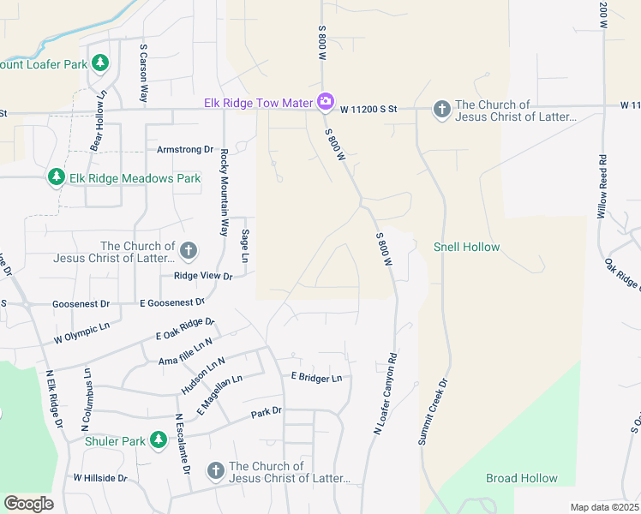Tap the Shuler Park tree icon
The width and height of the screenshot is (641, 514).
pos(158,440)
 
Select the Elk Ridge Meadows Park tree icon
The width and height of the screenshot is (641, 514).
pos(57,177)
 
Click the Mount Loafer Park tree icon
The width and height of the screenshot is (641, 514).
pos(100,63)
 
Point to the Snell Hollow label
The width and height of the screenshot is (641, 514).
pos(466,247)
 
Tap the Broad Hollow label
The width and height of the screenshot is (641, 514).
pos(522,478)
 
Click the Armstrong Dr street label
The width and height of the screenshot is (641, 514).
pos(184,149)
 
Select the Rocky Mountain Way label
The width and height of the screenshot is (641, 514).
pos(225,193)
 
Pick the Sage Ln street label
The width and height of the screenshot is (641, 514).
pos(244,246)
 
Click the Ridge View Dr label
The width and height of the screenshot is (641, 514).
pos(203,276)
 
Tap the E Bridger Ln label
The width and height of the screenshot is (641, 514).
pos(315,377)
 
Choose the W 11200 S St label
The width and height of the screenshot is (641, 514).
pos(368,110)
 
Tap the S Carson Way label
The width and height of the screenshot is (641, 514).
pos(144,75)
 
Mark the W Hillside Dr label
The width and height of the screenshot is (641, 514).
pos(100,477)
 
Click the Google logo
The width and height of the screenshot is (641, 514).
pos(28,504)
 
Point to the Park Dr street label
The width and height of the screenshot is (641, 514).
pos(267,413)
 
